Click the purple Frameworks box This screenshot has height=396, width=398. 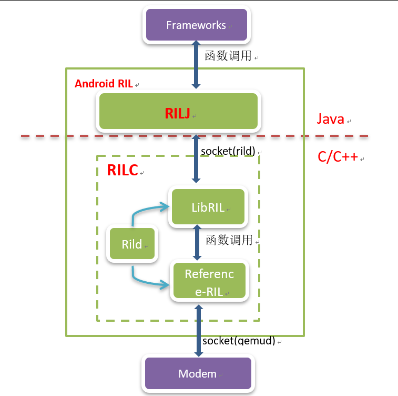(196, 25)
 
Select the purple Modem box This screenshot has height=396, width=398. (198, 374)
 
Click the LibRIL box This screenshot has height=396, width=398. (208, 207)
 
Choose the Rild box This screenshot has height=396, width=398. (132, 244)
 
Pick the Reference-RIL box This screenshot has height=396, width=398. (209, 282)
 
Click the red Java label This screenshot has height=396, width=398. (330, 119)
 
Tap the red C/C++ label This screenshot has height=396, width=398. (337, 157)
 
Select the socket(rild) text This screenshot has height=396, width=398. (228, 151)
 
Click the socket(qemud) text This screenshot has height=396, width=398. (239, 341)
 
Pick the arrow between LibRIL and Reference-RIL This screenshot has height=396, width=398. (198, 243)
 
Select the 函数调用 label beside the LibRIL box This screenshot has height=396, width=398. (229, 240)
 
